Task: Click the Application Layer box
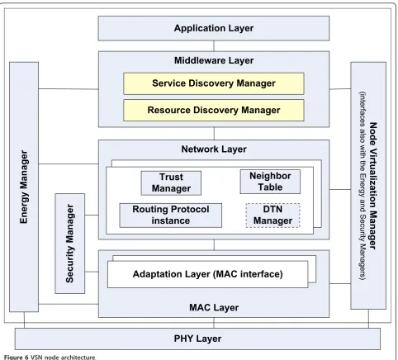214,28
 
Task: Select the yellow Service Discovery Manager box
214,83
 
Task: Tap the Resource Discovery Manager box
214,111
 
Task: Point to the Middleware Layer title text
214,60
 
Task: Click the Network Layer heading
214,149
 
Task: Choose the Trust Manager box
171,183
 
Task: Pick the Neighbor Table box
270,182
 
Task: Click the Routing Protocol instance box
171,216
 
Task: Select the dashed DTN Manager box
272,216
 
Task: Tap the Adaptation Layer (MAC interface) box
207,274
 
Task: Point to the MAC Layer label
214,308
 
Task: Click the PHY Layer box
197,339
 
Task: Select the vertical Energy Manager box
24,187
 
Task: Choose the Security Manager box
70,244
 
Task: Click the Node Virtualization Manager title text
372,186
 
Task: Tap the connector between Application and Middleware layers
214,46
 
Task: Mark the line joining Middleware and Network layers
214,134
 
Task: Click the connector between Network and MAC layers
214,244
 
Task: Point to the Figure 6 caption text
50,358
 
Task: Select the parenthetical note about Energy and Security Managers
362,186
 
